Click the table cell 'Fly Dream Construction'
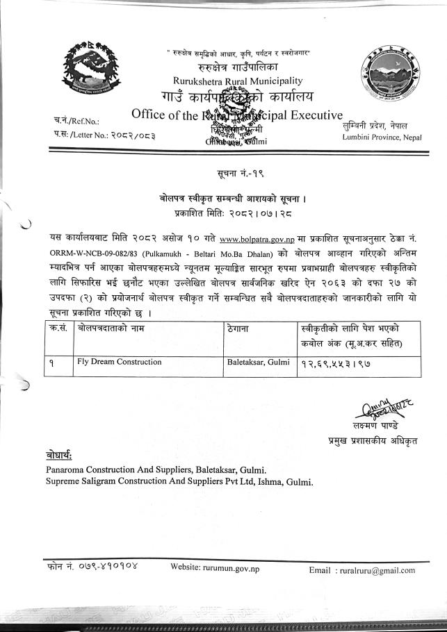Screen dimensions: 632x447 [x=120, y=362]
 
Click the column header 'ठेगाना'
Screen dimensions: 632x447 [x=238, y=327]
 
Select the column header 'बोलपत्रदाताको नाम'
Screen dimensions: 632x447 [x=111, y=327]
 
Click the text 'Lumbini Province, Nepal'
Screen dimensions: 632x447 [x=382, y=137]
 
